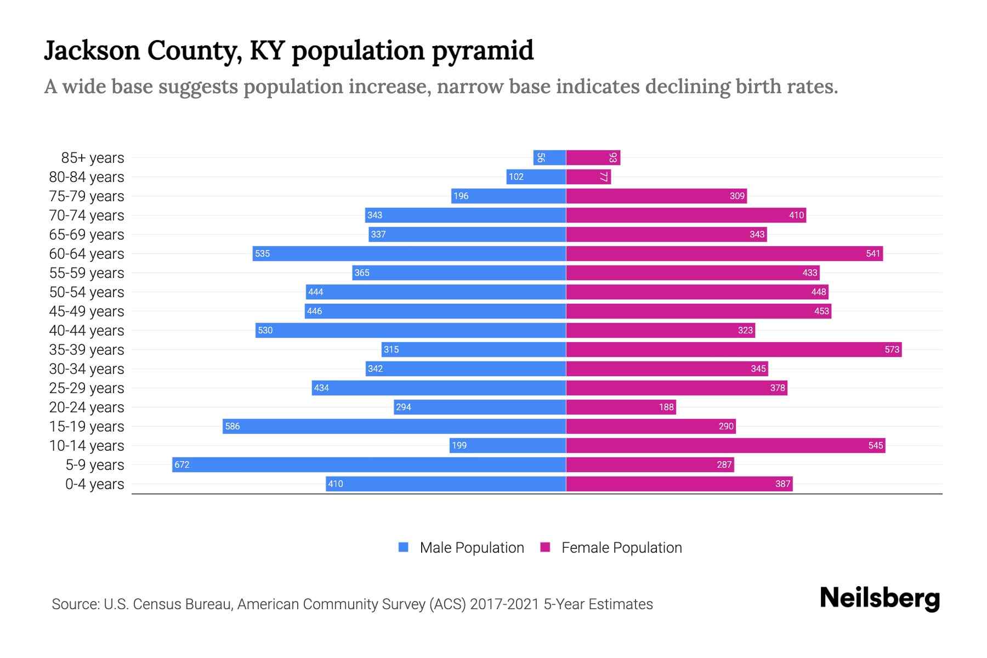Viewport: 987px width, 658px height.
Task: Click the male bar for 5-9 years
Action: (x=368, y=465)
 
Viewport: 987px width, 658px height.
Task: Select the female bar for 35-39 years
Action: (x=734, y=350)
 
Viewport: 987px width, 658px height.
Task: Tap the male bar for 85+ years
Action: (x=549, y=158)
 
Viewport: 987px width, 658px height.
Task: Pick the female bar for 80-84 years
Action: (x=588, y=177)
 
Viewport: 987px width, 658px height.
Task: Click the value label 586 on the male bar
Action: (x=232, y=427)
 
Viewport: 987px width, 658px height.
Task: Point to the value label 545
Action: (x=876, y=446)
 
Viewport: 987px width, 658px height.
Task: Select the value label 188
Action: (x=666, y=407)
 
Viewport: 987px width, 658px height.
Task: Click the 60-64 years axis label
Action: (x=87, y=254)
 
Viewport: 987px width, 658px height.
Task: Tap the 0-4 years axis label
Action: (x=94, y=484)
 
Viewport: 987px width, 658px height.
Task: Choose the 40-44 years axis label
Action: (x=87, y=331)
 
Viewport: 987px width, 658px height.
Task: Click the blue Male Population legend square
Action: (x=404, y=547)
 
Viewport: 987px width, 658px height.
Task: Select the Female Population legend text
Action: (x=621, y=548)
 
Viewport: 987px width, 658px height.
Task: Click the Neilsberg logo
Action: (x=880, y=598)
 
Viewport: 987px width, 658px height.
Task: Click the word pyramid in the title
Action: (x=483, y=51)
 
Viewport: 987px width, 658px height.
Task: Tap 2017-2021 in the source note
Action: (x=504, y=604)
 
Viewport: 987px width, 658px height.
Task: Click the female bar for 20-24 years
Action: (x=621, y=407)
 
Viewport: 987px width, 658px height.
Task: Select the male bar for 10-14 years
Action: (x=508, y=446)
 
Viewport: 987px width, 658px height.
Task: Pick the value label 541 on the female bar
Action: (x=873, y=254)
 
